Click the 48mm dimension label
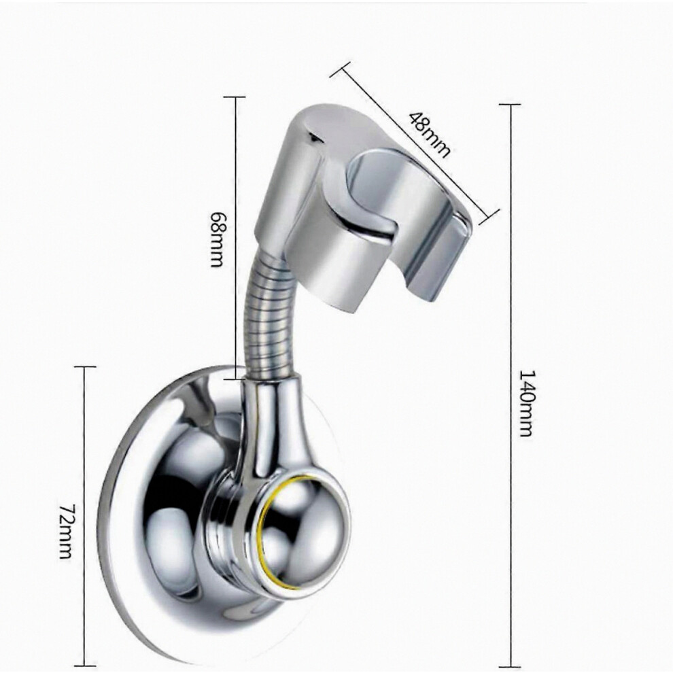pos(429,135)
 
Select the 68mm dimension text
pos(218,239)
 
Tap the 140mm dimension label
pos(527,402)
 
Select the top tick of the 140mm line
pos(511,104)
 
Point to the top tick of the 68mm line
pos(235,97)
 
